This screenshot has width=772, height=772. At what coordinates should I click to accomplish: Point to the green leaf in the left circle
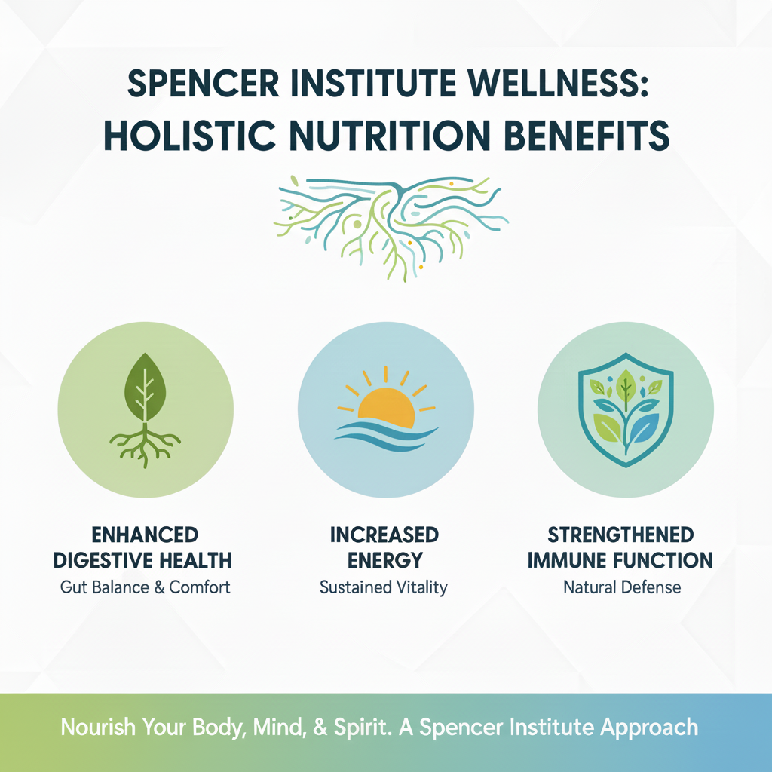point(146,389)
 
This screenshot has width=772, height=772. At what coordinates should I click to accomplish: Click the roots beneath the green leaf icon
point(146,446)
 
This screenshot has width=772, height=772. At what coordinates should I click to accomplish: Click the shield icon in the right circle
point(626,408)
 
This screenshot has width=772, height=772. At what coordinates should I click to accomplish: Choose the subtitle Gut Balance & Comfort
point(146,587)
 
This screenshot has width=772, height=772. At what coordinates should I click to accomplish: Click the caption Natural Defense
point(622,587)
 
